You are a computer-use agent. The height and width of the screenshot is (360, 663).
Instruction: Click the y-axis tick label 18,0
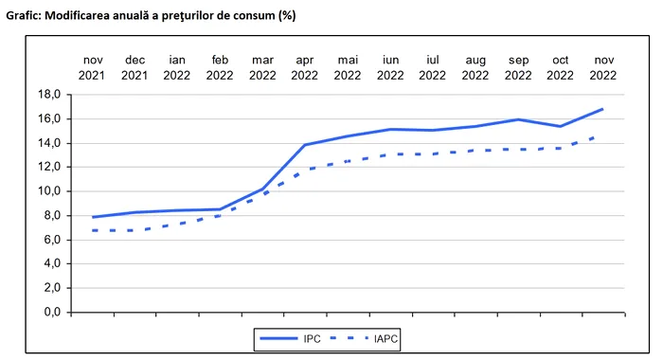click(x=48, y=95)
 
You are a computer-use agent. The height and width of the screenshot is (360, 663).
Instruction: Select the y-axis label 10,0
click(x=48, y=191)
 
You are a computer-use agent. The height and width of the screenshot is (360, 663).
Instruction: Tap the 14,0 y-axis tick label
click(x=48, y=143)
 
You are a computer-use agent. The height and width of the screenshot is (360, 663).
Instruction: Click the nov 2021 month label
click(x=92, y=67)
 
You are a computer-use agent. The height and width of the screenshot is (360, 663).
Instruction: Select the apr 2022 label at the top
click(x=305, y=67)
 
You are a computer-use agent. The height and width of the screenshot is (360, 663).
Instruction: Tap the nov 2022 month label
click(x=603, y=67)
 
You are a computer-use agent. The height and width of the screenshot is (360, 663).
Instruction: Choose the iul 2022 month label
click(x=433, y=67)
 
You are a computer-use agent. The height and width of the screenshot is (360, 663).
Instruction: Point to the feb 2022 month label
click(x=220, y=67)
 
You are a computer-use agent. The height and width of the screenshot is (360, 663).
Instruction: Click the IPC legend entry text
click(x=313, y=336)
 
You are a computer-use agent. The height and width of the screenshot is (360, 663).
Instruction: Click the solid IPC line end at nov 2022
click(x=603, y=109)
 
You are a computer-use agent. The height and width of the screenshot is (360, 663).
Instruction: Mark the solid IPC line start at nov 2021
click(x=92, y=217)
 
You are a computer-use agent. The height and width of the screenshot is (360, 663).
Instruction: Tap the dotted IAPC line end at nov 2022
click(x=596, y=137)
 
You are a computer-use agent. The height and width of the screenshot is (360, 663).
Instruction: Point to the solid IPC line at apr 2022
click(x=305, y=145)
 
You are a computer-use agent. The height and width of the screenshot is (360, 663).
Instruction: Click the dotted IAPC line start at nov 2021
click(x=93, y=230)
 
